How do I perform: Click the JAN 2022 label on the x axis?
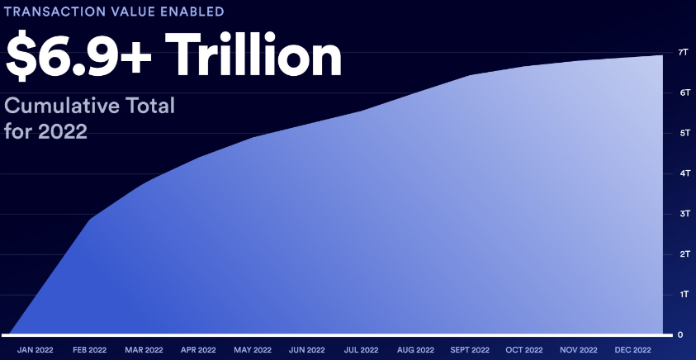35,350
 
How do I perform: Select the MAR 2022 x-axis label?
144,350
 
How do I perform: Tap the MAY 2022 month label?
253,350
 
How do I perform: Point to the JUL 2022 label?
361,350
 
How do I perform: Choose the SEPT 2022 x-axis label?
470,350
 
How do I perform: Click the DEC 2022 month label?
633,350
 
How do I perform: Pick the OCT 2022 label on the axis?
524,350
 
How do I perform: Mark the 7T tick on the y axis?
684,52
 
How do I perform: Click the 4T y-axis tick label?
684,173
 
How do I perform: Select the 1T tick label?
684,294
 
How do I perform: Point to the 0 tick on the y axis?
680,334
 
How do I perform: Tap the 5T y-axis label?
684,133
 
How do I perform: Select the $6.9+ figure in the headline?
78,56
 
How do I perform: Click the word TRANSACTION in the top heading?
54,11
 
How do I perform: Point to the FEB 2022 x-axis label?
90,350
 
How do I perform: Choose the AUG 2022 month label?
415,350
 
